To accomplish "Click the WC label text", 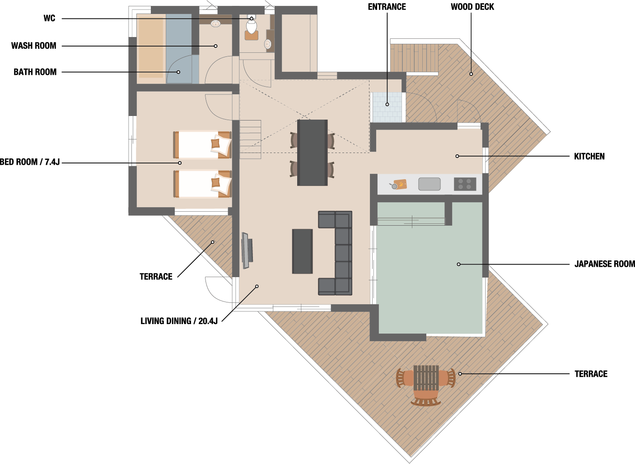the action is coord(49,18).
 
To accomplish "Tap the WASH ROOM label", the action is coord(34,46).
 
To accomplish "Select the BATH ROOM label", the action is coord(35,72).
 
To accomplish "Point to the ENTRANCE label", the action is coord(387,7).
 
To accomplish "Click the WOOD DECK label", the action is coord(472,7).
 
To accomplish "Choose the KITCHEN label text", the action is coord(589,156).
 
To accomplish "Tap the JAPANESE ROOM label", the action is coord(605,264).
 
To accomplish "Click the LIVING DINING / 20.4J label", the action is coord(179,321).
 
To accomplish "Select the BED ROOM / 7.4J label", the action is coord(30,162).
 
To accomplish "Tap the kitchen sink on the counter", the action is coord(430,184).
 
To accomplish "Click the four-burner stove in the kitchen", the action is coord(465,184).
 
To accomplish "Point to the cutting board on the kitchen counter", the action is coord(400,184).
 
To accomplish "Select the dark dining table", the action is coord(313,153).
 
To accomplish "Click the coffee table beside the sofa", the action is coord(303,251).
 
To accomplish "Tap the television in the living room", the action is coord(247,251).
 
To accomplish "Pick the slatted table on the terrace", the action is coord(426,378).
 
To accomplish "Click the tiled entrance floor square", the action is coord(387,107).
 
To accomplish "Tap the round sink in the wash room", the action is coord(216,23).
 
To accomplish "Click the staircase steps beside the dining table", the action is coord(250,139).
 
